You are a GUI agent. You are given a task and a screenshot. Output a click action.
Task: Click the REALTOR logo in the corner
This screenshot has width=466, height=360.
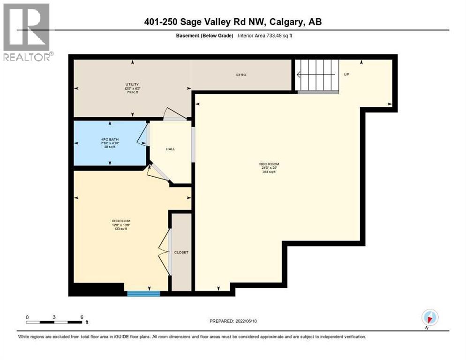click(27, 32)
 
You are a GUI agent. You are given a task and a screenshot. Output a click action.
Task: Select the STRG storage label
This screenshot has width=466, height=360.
click(241, 75)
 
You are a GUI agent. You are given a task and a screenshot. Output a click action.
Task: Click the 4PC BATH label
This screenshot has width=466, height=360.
click(110, 139)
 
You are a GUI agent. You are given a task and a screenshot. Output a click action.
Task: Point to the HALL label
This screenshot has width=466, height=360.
click(170, 149)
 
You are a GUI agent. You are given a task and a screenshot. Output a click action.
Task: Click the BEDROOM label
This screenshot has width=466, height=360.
click(120, 221)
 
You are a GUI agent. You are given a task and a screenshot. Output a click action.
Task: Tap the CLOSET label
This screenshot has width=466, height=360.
click(181, 252)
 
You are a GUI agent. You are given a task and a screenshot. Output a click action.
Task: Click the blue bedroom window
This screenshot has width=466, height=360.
click(143, 294)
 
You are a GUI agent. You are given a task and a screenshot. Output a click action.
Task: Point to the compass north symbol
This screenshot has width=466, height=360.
click(429, 318)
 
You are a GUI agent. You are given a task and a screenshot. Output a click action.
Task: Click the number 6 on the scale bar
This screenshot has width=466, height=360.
click(82, 317)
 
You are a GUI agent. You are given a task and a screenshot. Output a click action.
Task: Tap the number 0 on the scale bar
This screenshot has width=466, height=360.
click(27, 317)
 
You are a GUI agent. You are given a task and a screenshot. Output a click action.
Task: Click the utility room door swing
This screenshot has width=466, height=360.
click(172, 114)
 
